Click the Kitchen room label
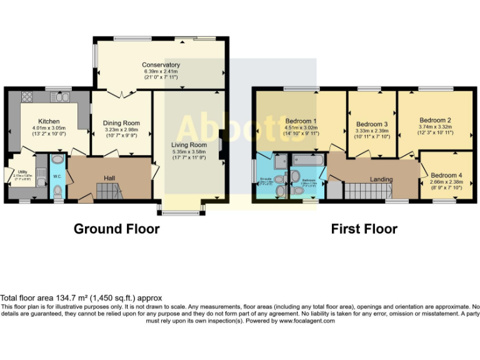click(x=49, y=121)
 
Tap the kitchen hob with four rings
click(x=27, y=97)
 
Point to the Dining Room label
click(x=121, y=123)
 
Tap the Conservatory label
click(x=161, y=65)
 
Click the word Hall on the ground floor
click(x=109, y=179)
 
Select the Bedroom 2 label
click(x=435, y=120)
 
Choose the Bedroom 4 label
click(x=446, y=175)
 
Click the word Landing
click(x=381, y=180)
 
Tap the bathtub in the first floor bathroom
click(x=308, y=161)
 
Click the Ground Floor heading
click(x=116, y=229)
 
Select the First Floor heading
click(x=364, y=229)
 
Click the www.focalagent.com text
click(x=306, y=321)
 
